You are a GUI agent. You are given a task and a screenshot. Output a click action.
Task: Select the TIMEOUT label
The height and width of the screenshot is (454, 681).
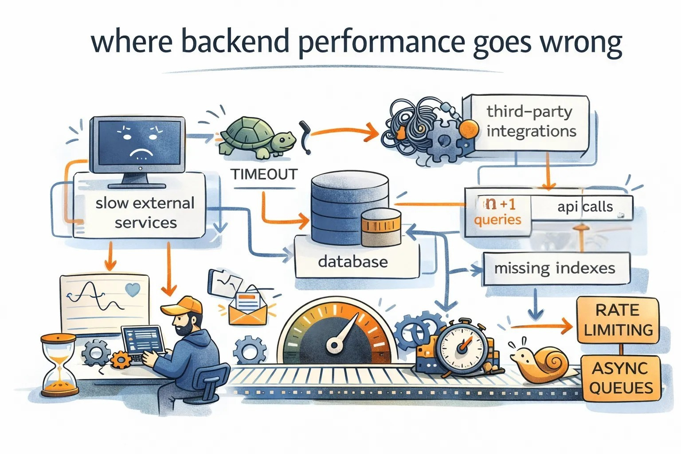click(264, 175)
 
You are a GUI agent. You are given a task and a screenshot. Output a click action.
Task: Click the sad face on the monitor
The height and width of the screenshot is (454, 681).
click(141, 143)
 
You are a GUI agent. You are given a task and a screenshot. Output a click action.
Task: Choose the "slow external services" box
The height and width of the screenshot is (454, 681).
click(139, 206)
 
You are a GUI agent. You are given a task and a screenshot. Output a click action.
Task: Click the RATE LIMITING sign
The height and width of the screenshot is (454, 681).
click(618, 320)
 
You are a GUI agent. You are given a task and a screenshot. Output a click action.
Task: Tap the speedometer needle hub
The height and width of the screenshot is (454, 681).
click(334, 345)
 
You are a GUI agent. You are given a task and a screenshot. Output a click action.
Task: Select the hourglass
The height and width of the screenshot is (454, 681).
click(59, 365)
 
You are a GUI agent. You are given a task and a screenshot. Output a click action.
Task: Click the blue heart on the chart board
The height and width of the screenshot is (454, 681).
click(133, 290)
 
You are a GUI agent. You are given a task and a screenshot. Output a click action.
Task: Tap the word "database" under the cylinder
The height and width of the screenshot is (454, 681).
click(352, 262)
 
